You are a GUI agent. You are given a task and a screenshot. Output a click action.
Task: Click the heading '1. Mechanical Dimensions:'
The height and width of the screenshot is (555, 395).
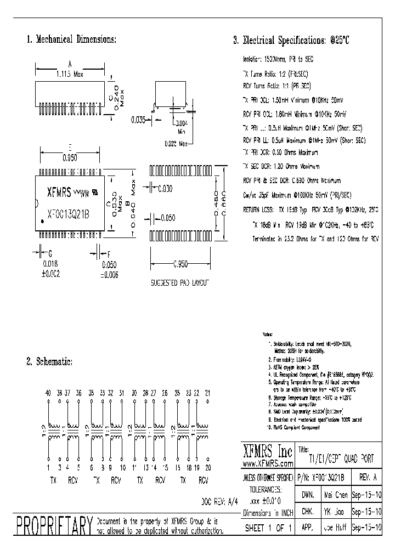pos(71,39)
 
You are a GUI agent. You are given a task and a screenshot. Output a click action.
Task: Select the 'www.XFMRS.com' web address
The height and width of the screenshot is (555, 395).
pos(267,463)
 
